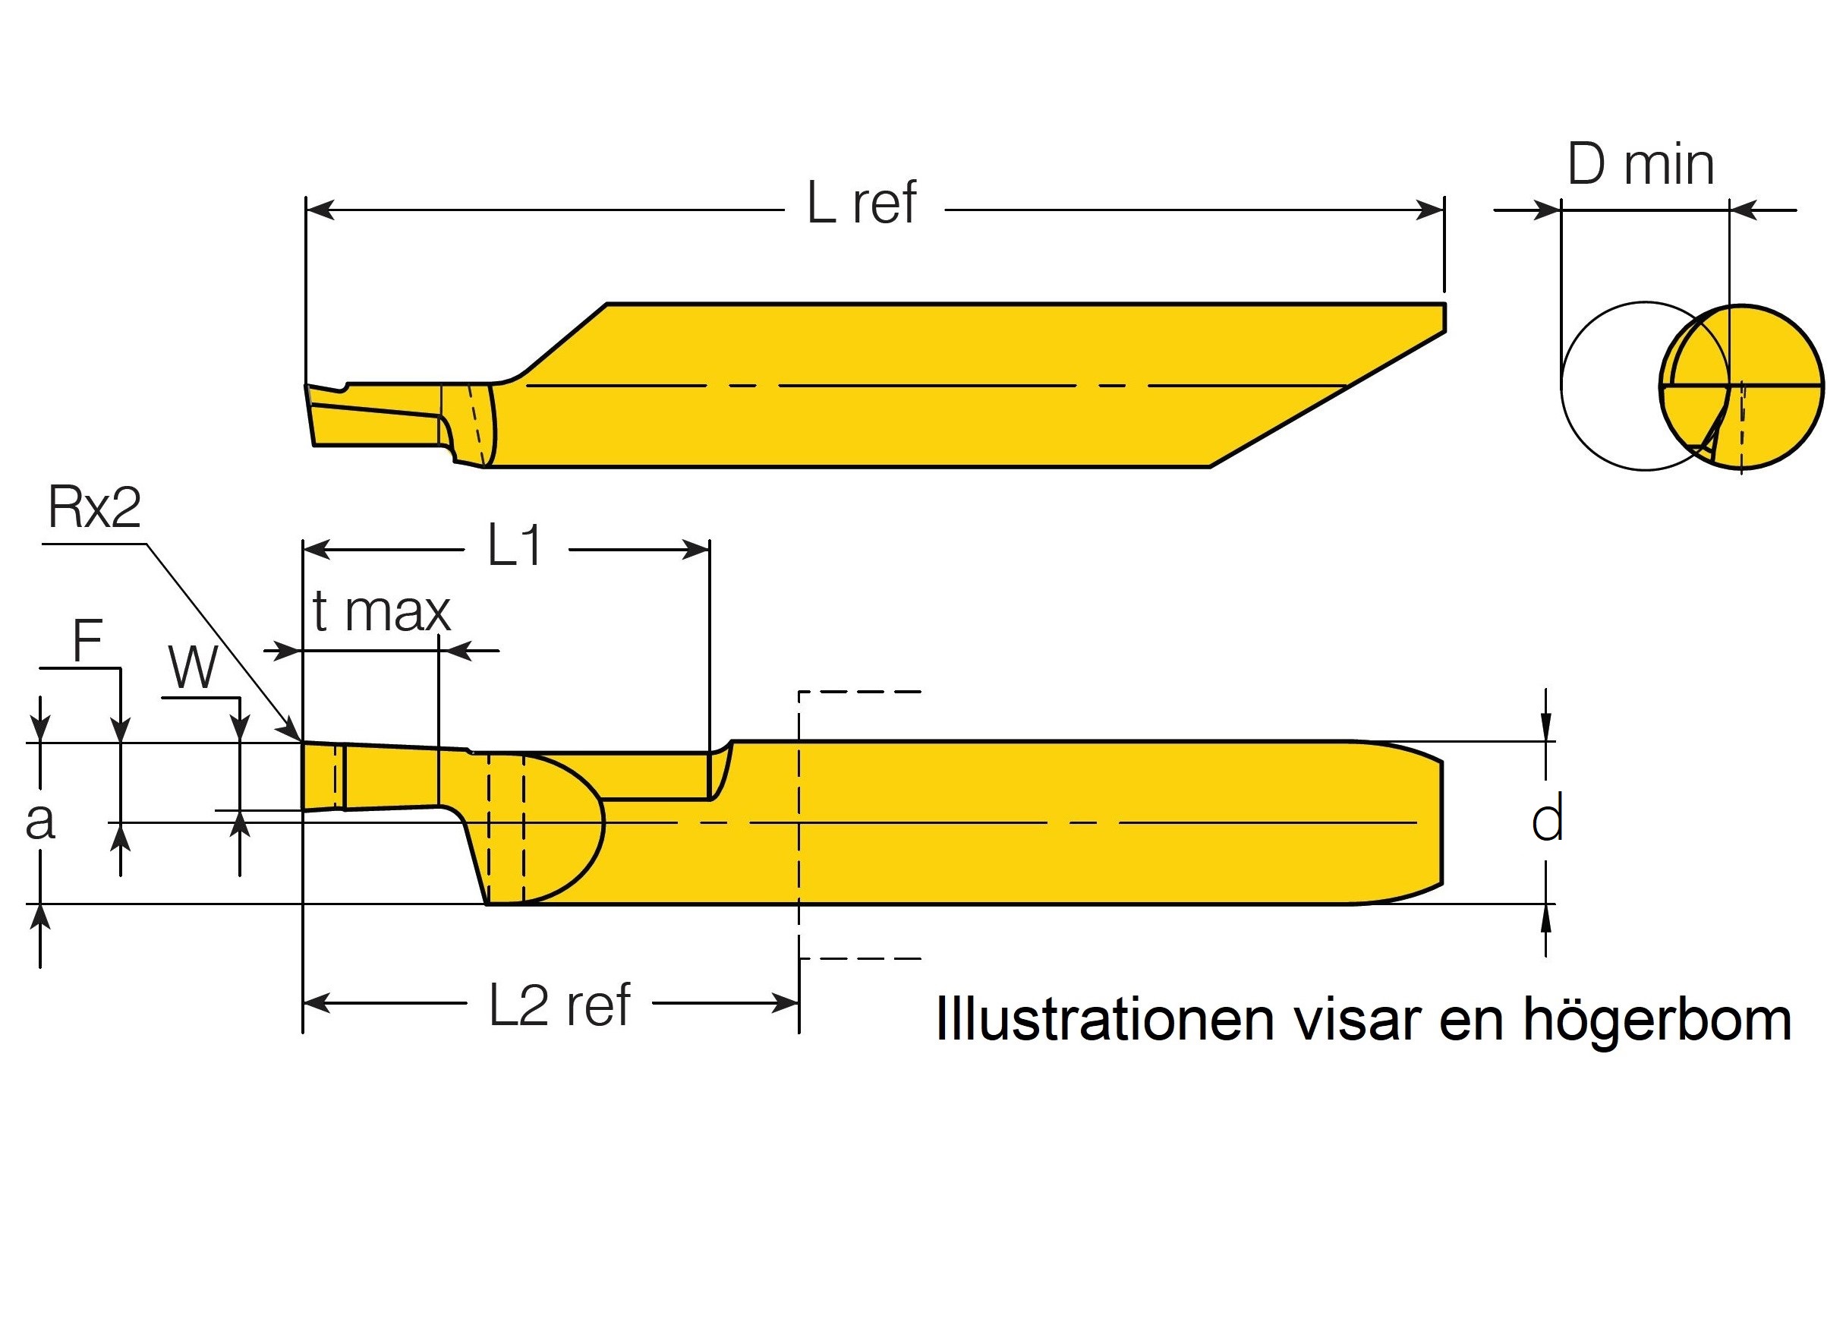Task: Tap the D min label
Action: (1640, 165)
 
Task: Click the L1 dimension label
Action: (515, 546)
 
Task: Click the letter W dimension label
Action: (194, 667)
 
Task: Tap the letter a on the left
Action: (39, 820)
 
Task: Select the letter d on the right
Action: (1546, 820)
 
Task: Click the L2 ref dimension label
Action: (559, 1005)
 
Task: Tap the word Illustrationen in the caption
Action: (1105, 1018)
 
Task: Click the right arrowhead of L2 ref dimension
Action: (786, 1004)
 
